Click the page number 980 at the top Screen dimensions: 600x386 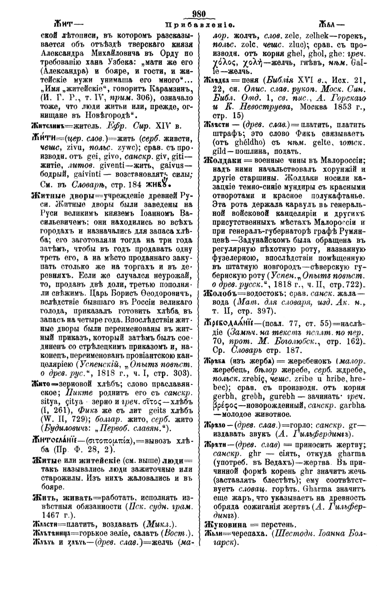(x=198, y=14)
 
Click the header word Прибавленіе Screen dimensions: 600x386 (x=199, y=26)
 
